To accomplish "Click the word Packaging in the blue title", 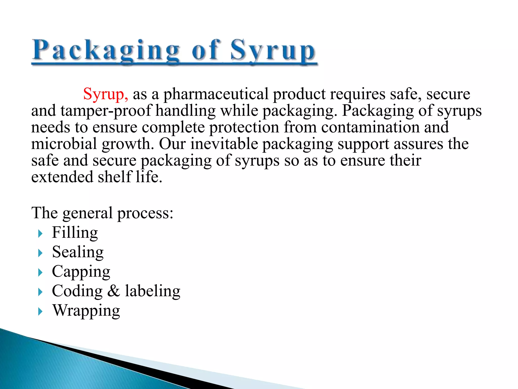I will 106,51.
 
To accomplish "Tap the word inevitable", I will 224,144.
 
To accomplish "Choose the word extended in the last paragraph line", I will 62,177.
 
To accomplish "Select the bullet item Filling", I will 75,233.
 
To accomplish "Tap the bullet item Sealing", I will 78,252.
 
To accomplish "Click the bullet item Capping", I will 81,272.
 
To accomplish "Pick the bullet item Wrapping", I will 86,311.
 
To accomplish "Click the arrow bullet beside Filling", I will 40,234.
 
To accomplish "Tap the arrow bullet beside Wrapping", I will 40,312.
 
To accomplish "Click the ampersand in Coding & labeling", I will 114,291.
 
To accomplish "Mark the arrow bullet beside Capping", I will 40,273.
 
